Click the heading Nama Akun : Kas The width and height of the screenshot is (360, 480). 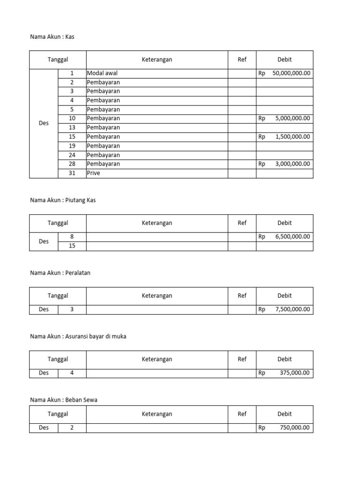(52, 37)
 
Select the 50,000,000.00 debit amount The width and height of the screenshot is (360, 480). (291, 73)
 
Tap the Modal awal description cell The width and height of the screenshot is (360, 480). (102, 73)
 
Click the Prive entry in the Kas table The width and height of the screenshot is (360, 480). (94, 173)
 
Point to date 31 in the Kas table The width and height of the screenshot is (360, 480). (72, 173)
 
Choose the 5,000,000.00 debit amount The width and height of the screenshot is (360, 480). (292, 119)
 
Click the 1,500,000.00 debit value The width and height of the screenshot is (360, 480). (292, 137)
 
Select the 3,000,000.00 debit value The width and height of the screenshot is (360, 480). (292, 164)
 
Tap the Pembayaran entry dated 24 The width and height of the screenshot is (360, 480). (104, 155)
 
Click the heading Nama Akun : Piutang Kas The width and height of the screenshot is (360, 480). (63, 200)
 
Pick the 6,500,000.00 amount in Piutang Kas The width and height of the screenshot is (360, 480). (292, 237)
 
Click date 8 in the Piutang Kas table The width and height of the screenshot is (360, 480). (72, 237)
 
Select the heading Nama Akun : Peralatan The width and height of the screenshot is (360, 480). (60, 273)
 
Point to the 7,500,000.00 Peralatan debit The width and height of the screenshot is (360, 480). (292, 309)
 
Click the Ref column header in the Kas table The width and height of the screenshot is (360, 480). (242, 60)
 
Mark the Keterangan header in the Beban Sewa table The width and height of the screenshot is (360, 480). (157, 414)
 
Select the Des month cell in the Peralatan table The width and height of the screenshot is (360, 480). (44, 309)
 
